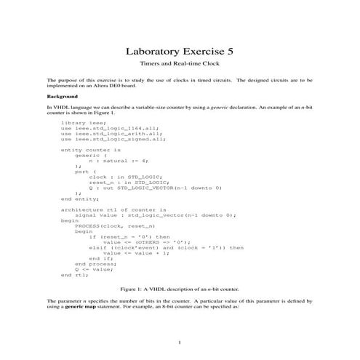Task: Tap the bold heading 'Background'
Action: (62, 95)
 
